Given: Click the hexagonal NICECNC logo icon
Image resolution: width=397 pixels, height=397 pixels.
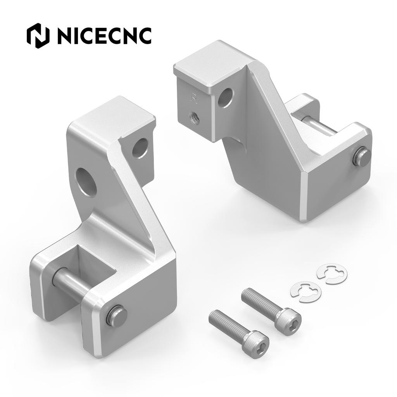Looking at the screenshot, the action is point(38,36).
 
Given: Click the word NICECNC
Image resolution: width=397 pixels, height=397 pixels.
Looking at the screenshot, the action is point(104,36).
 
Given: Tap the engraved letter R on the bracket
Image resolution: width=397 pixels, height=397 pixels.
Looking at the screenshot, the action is point(194,98).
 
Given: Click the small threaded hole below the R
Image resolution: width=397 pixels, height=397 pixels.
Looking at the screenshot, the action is point(194,117).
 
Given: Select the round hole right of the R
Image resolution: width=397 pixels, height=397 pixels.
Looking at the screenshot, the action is point(226,97).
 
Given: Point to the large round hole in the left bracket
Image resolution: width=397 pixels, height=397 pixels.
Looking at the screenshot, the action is point(86,182).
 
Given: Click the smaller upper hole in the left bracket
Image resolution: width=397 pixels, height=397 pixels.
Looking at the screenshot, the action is point(140,148).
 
